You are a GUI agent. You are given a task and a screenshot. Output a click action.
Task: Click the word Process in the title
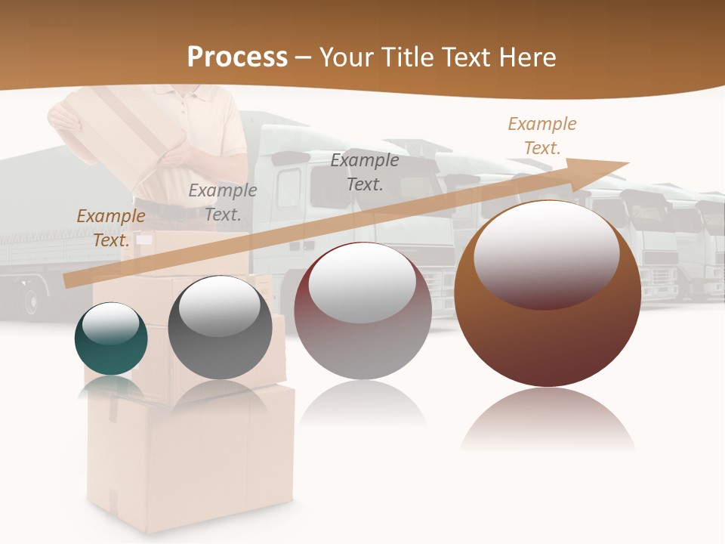click(x=237, y=57)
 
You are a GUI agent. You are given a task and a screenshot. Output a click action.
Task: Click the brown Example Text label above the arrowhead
click(x=542, y=136)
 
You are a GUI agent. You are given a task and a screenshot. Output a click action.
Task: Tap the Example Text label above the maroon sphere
click(x=365, y=172)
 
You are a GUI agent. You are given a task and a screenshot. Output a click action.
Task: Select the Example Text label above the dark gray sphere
click(x=223, y=202)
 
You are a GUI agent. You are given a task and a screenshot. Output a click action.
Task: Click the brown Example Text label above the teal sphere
click(x=111, y=228)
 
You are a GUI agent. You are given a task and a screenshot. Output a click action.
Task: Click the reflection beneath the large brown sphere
click(x=548, y=419)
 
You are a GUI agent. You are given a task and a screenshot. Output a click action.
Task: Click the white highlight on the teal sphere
click(x=111, y=323)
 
